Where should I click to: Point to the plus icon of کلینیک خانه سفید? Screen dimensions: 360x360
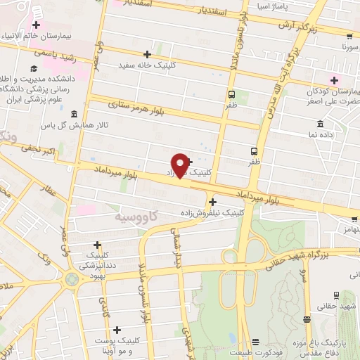coord(147,54)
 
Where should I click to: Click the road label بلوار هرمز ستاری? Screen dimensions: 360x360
coord(141,110)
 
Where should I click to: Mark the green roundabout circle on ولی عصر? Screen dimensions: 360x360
coord(74,279)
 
